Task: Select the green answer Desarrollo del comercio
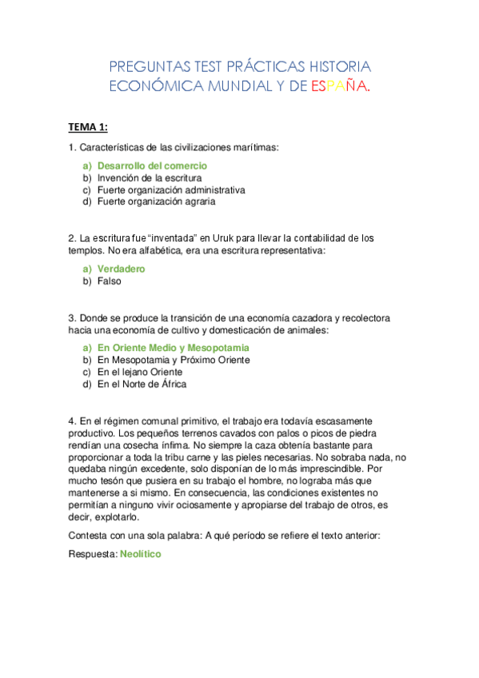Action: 146,166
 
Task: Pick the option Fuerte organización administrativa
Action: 171,190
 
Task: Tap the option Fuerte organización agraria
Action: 157,202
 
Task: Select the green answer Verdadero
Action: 121,269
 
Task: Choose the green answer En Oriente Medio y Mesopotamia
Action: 173,349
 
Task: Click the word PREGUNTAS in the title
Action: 146,66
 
